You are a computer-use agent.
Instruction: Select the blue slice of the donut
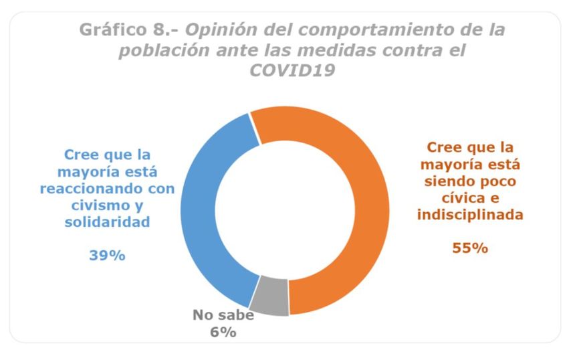coord(207,214)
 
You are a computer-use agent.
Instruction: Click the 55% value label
coord(468,248)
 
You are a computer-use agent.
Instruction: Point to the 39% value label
coord(107,255)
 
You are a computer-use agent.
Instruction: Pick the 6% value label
coord(221,332)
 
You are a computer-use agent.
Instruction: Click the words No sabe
coord(221,315)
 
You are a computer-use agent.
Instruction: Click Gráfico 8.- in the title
coord(127,30)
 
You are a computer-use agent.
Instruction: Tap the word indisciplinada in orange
coord(469,214)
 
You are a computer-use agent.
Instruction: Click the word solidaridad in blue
coord(107,221)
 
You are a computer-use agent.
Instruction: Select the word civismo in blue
coord(99,205)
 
